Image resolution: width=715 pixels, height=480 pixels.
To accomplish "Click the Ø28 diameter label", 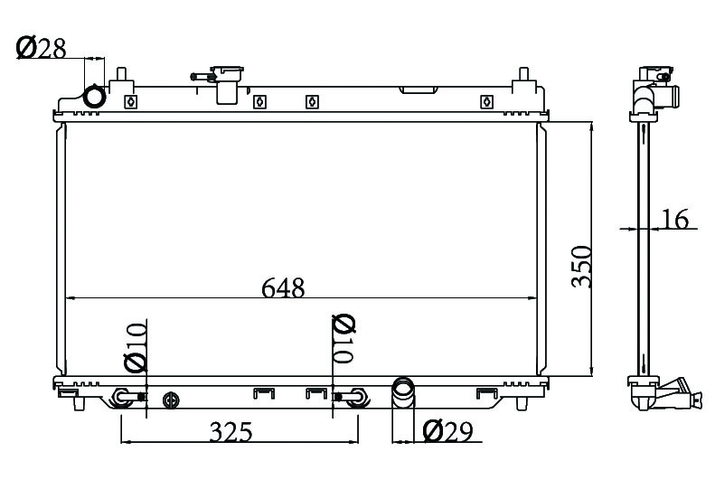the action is click(41, 48).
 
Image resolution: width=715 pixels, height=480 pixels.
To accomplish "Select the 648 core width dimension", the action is click(283, 288).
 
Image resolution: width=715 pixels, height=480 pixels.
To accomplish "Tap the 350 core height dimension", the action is click(581, 267).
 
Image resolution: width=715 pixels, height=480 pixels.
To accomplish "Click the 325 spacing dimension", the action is click(230, 432).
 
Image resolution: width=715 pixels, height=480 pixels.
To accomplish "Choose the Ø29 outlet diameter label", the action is click(447, 431).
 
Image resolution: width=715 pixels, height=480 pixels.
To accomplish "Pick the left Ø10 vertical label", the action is click(136, 346).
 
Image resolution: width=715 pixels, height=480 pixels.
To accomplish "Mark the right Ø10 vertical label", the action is click(343, 339).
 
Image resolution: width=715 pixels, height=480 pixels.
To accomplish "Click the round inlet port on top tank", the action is click(95, 97).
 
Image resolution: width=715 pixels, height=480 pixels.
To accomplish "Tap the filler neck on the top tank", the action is click(222, 84).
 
